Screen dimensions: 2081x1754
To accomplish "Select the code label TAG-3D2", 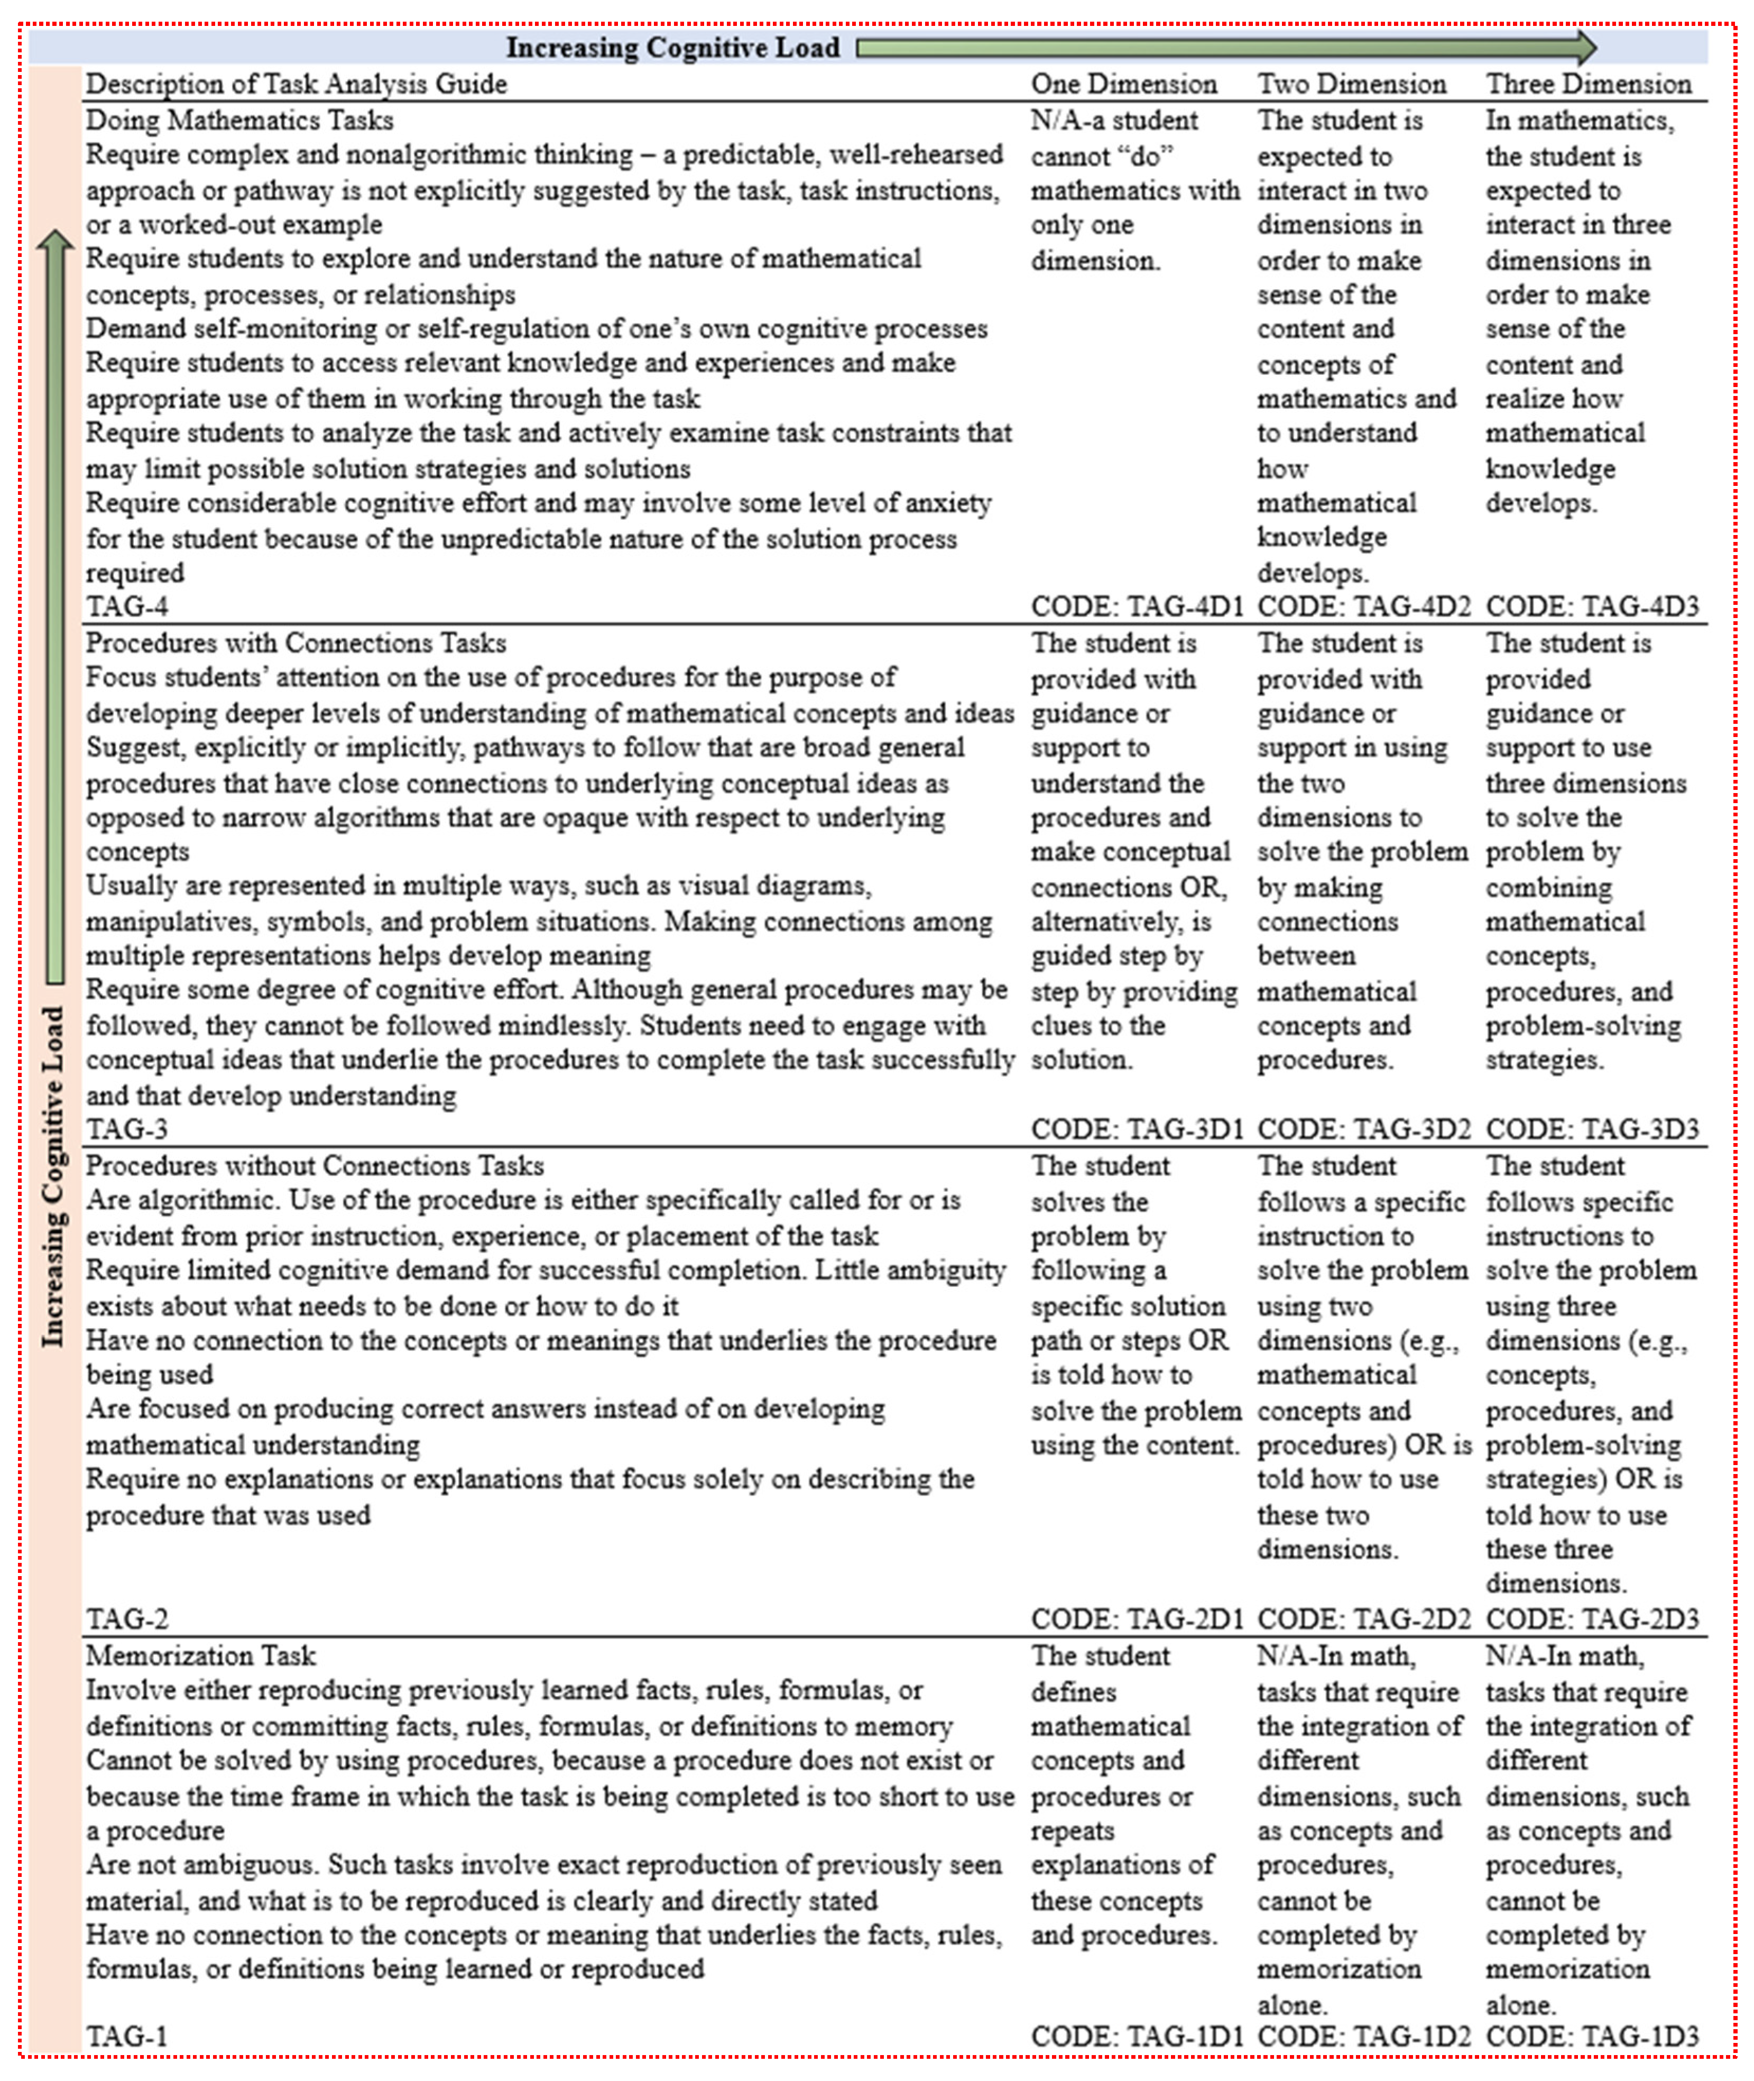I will [x=1363, y=1128].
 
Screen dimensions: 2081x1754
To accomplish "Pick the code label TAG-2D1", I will [x=1137, y=1619].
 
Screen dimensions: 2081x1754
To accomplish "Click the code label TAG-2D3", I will [x=1592, y=1619].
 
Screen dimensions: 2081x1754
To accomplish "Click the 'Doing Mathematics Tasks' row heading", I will [x=239, y=121].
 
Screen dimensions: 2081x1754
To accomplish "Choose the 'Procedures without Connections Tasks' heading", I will [x=314, y=1165].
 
